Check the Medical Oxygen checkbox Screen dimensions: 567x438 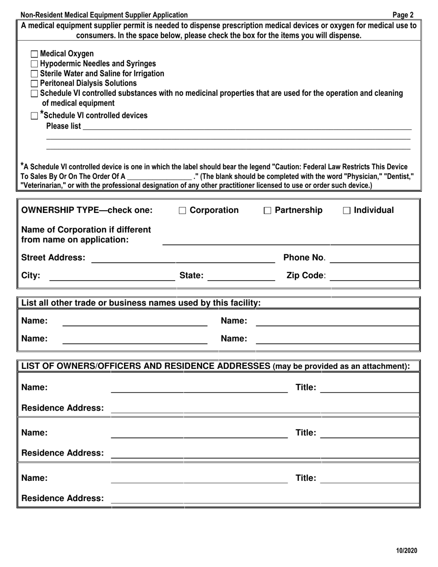(35, 54)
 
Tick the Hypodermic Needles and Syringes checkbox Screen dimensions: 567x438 (35, 64)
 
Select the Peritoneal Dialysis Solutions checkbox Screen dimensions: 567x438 (35, 84)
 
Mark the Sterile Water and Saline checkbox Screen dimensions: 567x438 (35, 74)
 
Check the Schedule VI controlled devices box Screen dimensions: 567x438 (35, 116)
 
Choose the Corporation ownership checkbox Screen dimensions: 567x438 (183, 211)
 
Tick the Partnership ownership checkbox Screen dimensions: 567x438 (267, 211)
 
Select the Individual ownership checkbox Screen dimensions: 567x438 (347, 211)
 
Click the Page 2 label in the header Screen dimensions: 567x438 (403, 15)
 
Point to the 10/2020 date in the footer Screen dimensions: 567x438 (406, 550)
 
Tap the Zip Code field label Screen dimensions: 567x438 (306, 276)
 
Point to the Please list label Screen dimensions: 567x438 (64, 126)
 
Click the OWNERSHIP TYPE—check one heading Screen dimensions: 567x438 (87, 211)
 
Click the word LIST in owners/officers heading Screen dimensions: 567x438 (30, 366)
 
